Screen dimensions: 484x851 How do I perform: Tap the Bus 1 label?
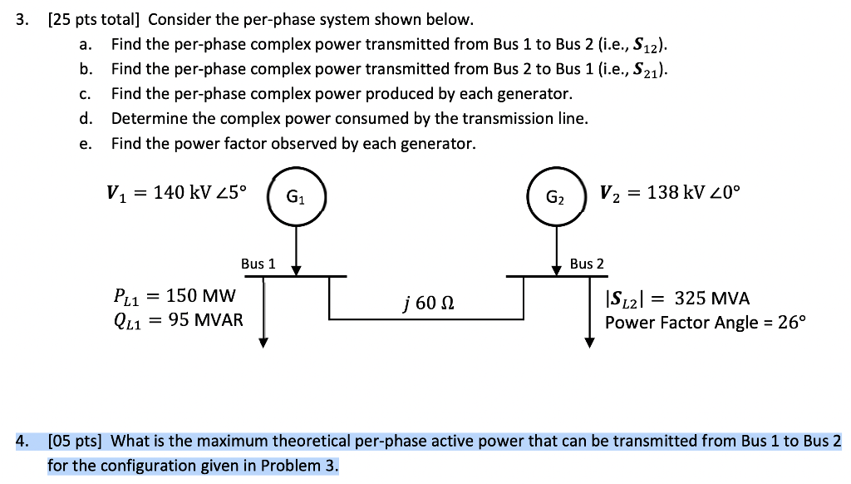tap(258, 264)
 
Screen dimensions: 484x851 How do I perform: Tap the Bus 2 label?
tap(587, 264)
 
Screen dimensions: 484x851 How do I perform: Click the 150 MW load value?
tap(202, 296)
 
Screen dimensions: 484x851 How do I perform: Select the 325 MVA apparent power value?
tap(711, 298)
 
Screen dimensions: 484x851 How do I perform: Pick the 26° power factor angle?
tap(789, 322)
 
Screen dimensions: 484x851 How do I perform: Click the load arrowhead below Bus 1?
tap(263, 342)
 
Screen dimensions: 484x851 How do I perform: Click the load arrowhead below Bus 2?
tap(589, 342)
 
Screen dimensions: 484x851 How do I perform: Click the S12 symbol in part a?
tap(647, 45)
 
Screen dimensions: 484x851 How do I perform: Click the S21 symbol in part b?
tap(647, 69)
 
